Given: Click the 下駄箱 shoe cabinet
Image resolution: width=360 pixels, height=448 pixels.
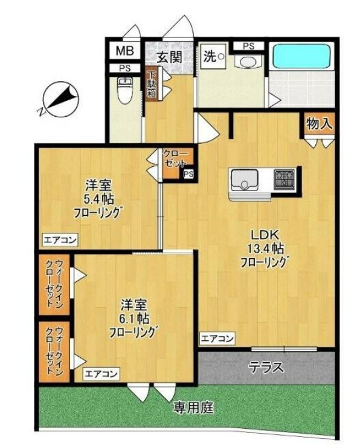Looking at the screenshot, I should click(x=152, y=85).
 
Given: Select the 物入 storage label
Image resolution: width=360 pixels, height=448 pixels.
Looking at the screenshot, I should click(x=318, y=125).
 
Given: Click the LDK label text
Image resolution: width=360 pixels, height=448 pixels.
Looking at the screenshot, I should click(x=263, y=235).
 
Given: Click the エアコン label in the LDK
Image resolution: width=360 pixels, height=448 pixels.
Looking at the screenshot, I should click(x=217, y=339).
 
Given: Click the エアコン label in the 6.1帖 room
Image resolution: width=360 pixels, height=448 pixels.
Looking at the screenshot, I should click(x=101, y=374).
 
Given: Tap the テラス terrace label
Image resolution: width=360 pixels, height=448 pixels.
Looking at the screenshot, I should click(x=266, y=366).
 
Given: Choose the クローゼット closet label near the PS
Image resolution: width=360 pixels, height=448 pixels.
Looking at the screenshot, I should click(x=176, y=158).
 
